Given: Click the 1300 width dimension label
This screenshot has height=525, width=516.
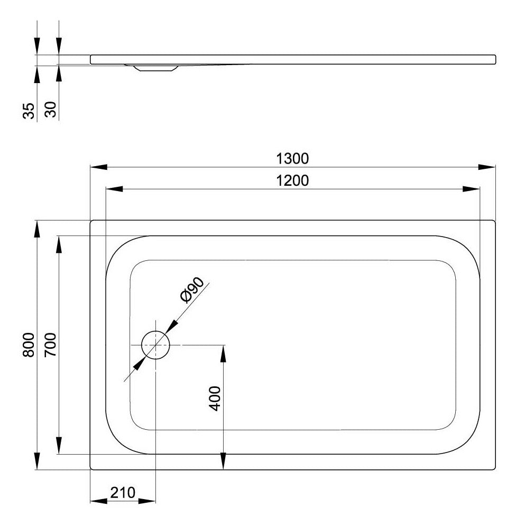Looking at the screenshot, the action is [292, 158].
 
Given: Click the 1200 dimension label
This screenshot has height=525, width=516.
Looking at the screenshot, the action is [292, 180].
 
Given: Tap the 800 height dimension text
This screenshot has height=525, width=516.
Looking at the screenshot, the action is [29, 345].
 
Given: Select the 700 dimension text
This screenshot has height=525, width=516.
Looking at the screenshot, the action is [51, 345].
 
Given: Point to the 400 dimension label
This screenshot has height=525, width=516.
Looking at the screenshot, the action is [215, 399].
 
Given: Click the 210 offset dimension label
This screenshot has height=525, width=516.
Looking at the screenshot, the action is [123, 493].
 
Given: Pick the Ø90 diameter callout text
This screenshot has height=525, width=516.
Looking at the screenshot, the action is [192, 290].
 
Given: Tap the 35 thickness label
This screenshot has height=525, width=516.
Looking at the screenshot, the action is [29, 111].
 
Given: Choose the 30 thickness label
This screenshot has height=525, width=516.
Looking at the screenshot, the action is [51, 110].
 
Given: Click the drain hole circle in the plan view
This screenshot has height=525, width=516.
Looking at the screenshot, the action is [156, 331].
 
